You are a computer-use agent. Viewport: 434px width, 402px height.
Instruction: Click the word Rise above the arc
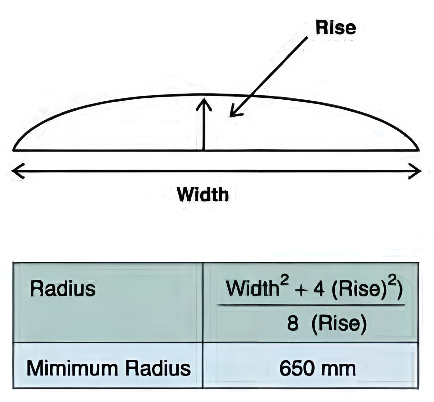(x=336, y=28)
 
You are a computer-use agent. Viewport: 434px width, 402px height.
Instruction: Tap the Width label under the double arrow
(x=203, y=195)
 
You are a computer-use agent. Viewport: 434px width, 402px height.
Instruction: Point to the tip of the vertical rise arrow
(x=204, y=99)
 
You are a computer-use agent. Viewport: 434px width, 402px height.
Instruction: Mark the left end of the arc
(x=14, y=150)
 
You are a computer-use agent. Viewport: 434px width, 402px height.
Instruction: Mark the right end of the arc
(x=419, y=150)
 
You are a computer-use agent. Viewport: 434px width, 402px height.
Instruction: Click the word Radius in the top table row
(x=63, y=288)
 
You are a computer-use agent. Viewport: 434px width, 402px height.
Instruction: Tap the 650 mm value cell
(x=317, y=368)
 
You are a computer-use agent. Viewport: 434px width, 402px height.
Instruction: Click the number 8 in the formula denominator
(x=292, y=323)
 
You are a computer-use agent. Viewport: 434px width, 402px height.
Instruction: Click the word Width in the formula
(x=252, y=289)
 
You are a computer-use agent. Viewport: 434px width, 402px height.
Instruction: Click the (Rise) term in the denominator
(x=339, y=323)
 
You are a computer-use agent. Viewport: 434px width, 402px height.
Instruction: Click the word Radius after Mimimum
(x=158, y=368)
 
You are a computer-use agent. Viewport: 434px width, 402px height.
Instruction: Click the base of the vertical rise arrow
(x=204, y=149)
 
